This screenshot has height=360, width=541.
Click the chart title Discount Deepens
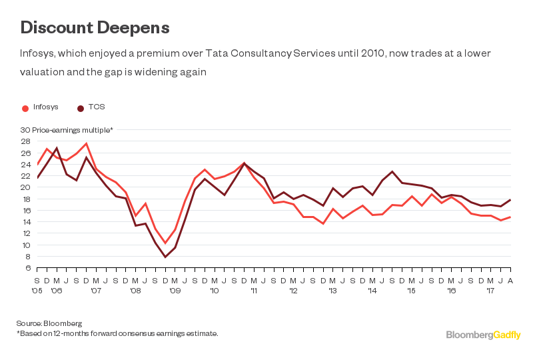tap(95, 27)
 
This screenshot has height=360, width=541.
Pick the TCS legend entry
tap(96, 107)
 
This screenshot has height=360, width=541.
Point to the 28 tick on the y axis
tap(25, 141)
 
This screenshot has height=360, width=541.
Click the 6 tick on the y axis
tap(27, 268)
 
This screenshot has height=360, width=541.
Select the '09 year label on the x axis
tap(175, 291)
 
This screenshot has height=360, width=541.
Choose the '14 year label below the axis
tap(372, 291)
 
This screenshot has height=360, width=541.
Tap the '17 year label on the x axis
tap(490, 291)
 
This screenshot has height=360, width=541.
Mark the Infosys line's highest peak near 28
tap(86, 143)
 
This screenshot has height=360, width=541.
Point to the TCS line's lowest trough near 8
tap(165, 257)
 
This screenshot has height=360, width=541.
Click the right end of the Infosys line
tap(510, 217)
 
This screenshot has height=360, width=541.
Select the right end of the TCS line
tap(510, 199)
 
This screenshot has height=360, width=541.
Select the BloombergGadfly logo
tap(483, 335)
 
